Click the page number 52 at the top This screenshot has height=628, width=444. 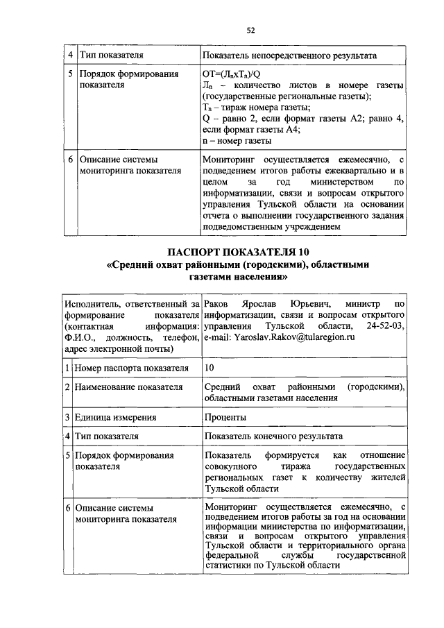pos(250,30)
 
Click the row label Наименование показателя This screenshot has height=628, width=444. pos(128,387)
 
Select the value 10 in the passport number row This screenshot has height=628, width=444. pos(211,366)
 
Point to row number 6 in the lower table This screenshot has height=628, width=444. pos(68,508)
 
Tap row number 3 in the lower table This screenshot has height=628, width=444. pos(68,417)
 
